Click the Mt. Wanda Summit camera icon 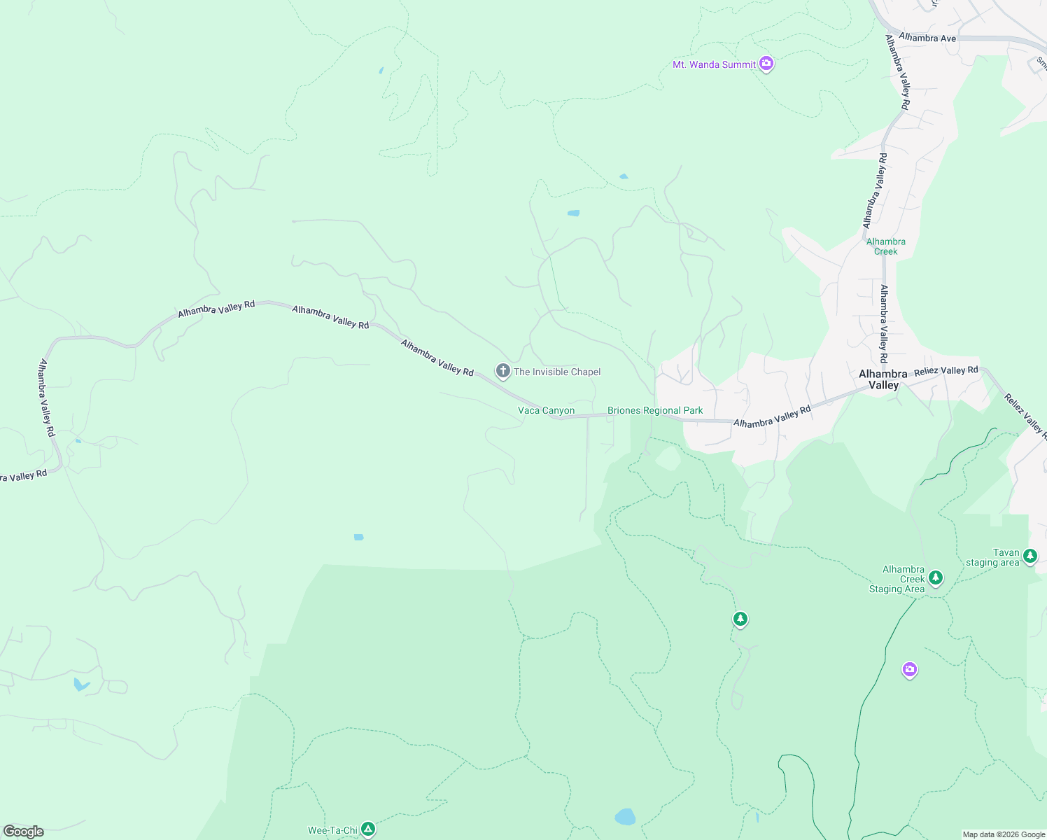coord(766,64)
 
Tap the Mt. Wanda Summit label coord(714,64)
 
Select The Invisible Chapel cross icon coord(503,371)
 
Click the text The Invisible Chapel coord(557,372)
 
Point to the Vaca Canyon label coord(546,410)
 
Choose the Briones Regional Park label coord(655,410)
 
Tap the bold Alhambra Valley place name coord(883,379)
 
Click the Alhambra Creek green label coord(885,246)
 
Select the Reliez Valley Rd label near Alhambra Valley coord(946,371)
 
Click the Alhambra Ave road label coord(927,38)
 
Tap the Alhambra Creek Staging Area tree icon coord(936,578)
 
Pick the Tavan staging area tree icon coord(1030,556)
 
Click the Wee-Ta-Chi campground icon coord(368,829)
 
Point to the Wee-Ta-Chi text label coord(332,830)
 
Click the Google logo coord(24,831)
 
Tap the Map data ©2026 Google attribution coord(1004,834)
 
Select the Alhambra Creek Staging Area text coord(898,579)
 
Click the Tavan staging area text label coord(994,557)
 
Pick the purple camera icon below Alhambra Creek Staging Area coord(909,670)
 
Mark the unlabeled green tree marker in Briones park coord(740,619)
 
